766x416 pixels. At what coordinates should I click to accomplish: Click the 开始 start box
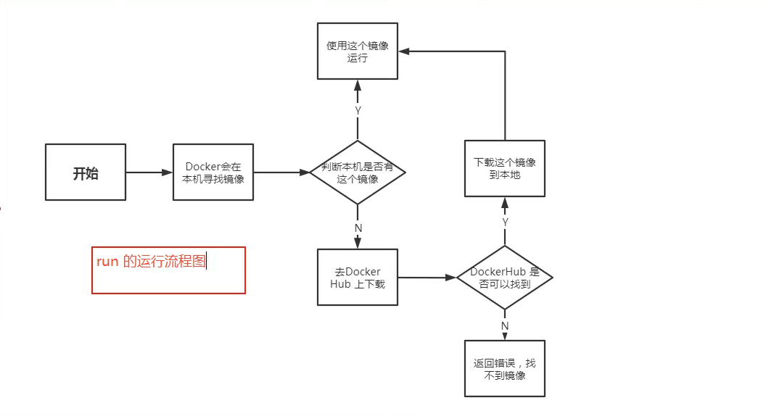pos(86,172)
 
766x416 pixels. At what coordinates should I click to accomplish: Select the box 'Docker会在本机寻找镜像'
pos(213,172)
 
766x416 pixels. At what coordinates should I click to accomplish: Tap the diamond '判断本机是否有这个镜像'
pos(358,172)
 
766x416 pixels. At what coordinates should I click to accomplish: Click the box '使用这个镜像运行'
pos(358,51)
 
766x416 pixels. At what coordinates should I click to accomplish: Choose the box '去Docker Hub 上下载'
pos(358,278)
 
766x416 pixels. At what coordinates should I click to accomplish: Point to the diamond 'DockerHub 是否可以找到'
pos(505,278)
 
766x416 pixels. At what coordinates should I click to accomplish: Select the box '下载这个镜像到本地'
pos(505,168)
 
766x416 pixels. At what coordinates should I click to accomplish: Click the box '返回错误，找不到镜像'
pos(505,369)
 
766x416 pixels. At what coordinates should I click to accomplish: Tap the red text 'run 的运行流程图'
pos(152,262)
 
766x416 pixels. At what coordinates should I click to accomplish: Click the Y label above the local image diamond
pos(358,110)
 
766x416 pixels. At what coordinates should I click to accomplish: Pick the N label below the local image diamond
pos(358,228)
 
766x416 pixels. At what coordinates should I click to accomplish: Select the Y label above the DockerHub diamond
pos(505,221)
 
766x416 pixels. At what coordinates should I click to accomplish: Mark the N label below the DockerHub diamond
pos(505,325)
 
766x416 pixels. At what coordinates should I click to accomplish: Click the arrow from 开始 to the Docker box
pos(149,172)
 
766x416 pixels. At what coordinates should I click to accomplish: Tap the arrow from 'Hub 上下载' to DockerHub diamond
pos(427,278)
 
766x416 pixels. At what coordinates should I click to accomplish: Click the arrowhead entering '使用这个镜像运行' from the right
pos(405,51)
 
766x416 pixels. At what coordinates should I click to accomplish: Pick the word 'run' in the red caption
pos(107,262)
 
